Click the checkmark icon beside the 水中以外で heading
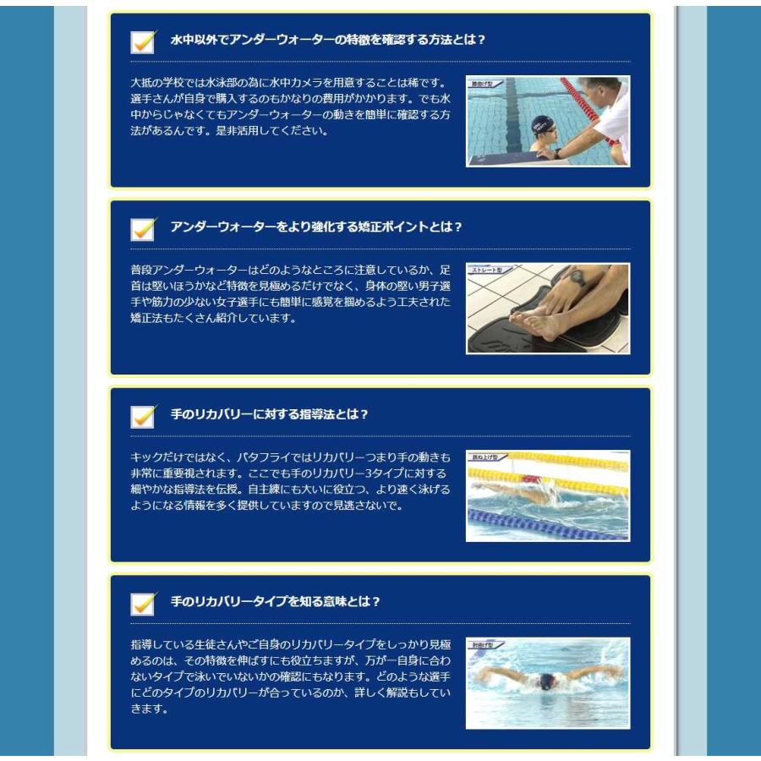[x=144, y=41]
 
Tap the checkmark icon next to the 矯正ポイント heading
[x=144, y=227]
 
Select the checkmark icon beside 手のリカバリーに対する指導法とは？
[x=144, y=415]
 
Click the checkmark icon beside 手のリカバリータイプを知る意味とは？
[x=144, y=602]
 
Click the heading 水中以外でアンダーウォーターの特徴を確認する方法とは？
[x=328, y=40]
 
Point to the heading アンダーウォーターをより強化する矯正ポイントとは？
[x=316, y=227]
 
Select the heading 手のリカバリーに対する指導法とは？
[x=270, y=414]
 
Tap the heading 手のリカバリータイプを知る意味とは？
[x=276, y=601]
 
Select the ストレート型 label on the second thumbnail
[x=488, y=271]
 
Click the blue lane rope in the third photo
[x=541, y=524]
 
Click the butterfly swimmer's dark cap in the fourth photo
[x=547, y=681]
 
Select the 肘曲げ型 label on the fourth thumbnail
[x=485, y=645]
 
